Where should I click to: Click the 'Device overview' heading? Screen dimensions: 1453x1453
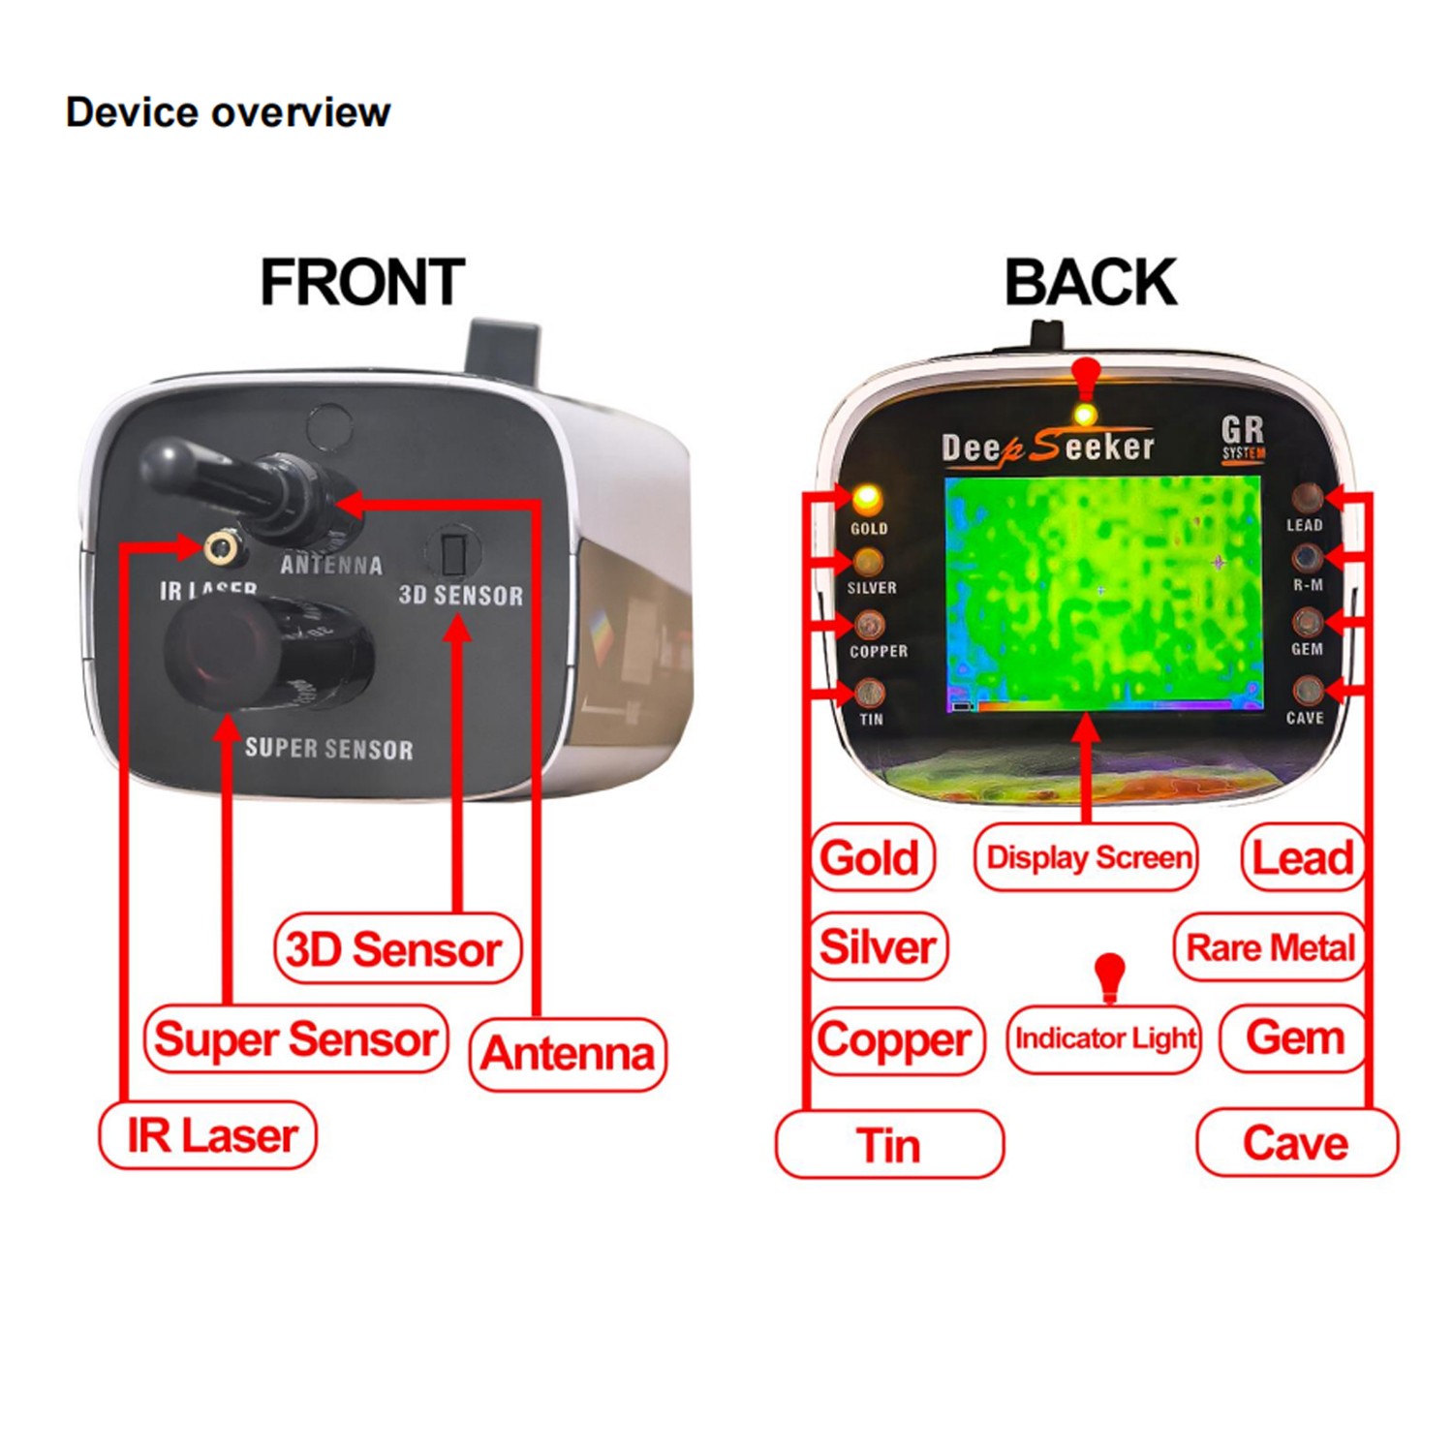coord(228,112)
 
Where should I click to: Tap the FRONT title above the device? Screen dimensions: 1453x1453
coord(362,282)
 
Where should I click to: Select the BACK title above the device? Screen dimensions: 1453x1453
coord(1090,282)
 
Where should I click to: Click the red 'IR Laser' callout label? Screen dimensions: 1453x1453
coord(208,1135)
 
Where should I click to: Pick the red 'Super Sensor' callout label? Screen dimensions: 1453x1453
coord(295,1039)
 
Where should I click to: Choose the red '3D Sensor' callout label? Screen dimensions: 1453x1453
coord(396,949)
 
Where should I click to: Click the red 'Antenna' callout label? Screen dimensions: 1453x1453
coord(568,1054)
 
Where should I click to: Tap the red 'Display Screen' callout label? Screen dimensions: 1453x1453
coord(1087,857)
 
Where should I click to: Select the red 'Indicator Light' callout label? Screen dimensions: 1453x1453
coord(1104,1038)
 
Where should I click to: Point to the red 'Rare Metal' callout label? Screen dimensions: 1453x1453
coord(1270,947)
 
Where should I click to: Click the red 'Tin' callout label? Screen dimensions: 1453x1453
coord(889,1145)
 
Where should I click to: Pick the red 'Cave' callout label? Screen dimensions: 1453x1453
coord(1296,1143)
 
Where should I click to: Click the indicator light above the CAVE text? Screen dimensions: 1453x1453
coord(1307,690)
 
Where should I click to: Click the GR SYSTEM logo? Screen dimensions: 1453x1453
coord(1243,437)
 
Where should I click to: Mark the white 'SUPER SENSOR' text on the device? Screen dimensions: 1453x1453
coord(328,749)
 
